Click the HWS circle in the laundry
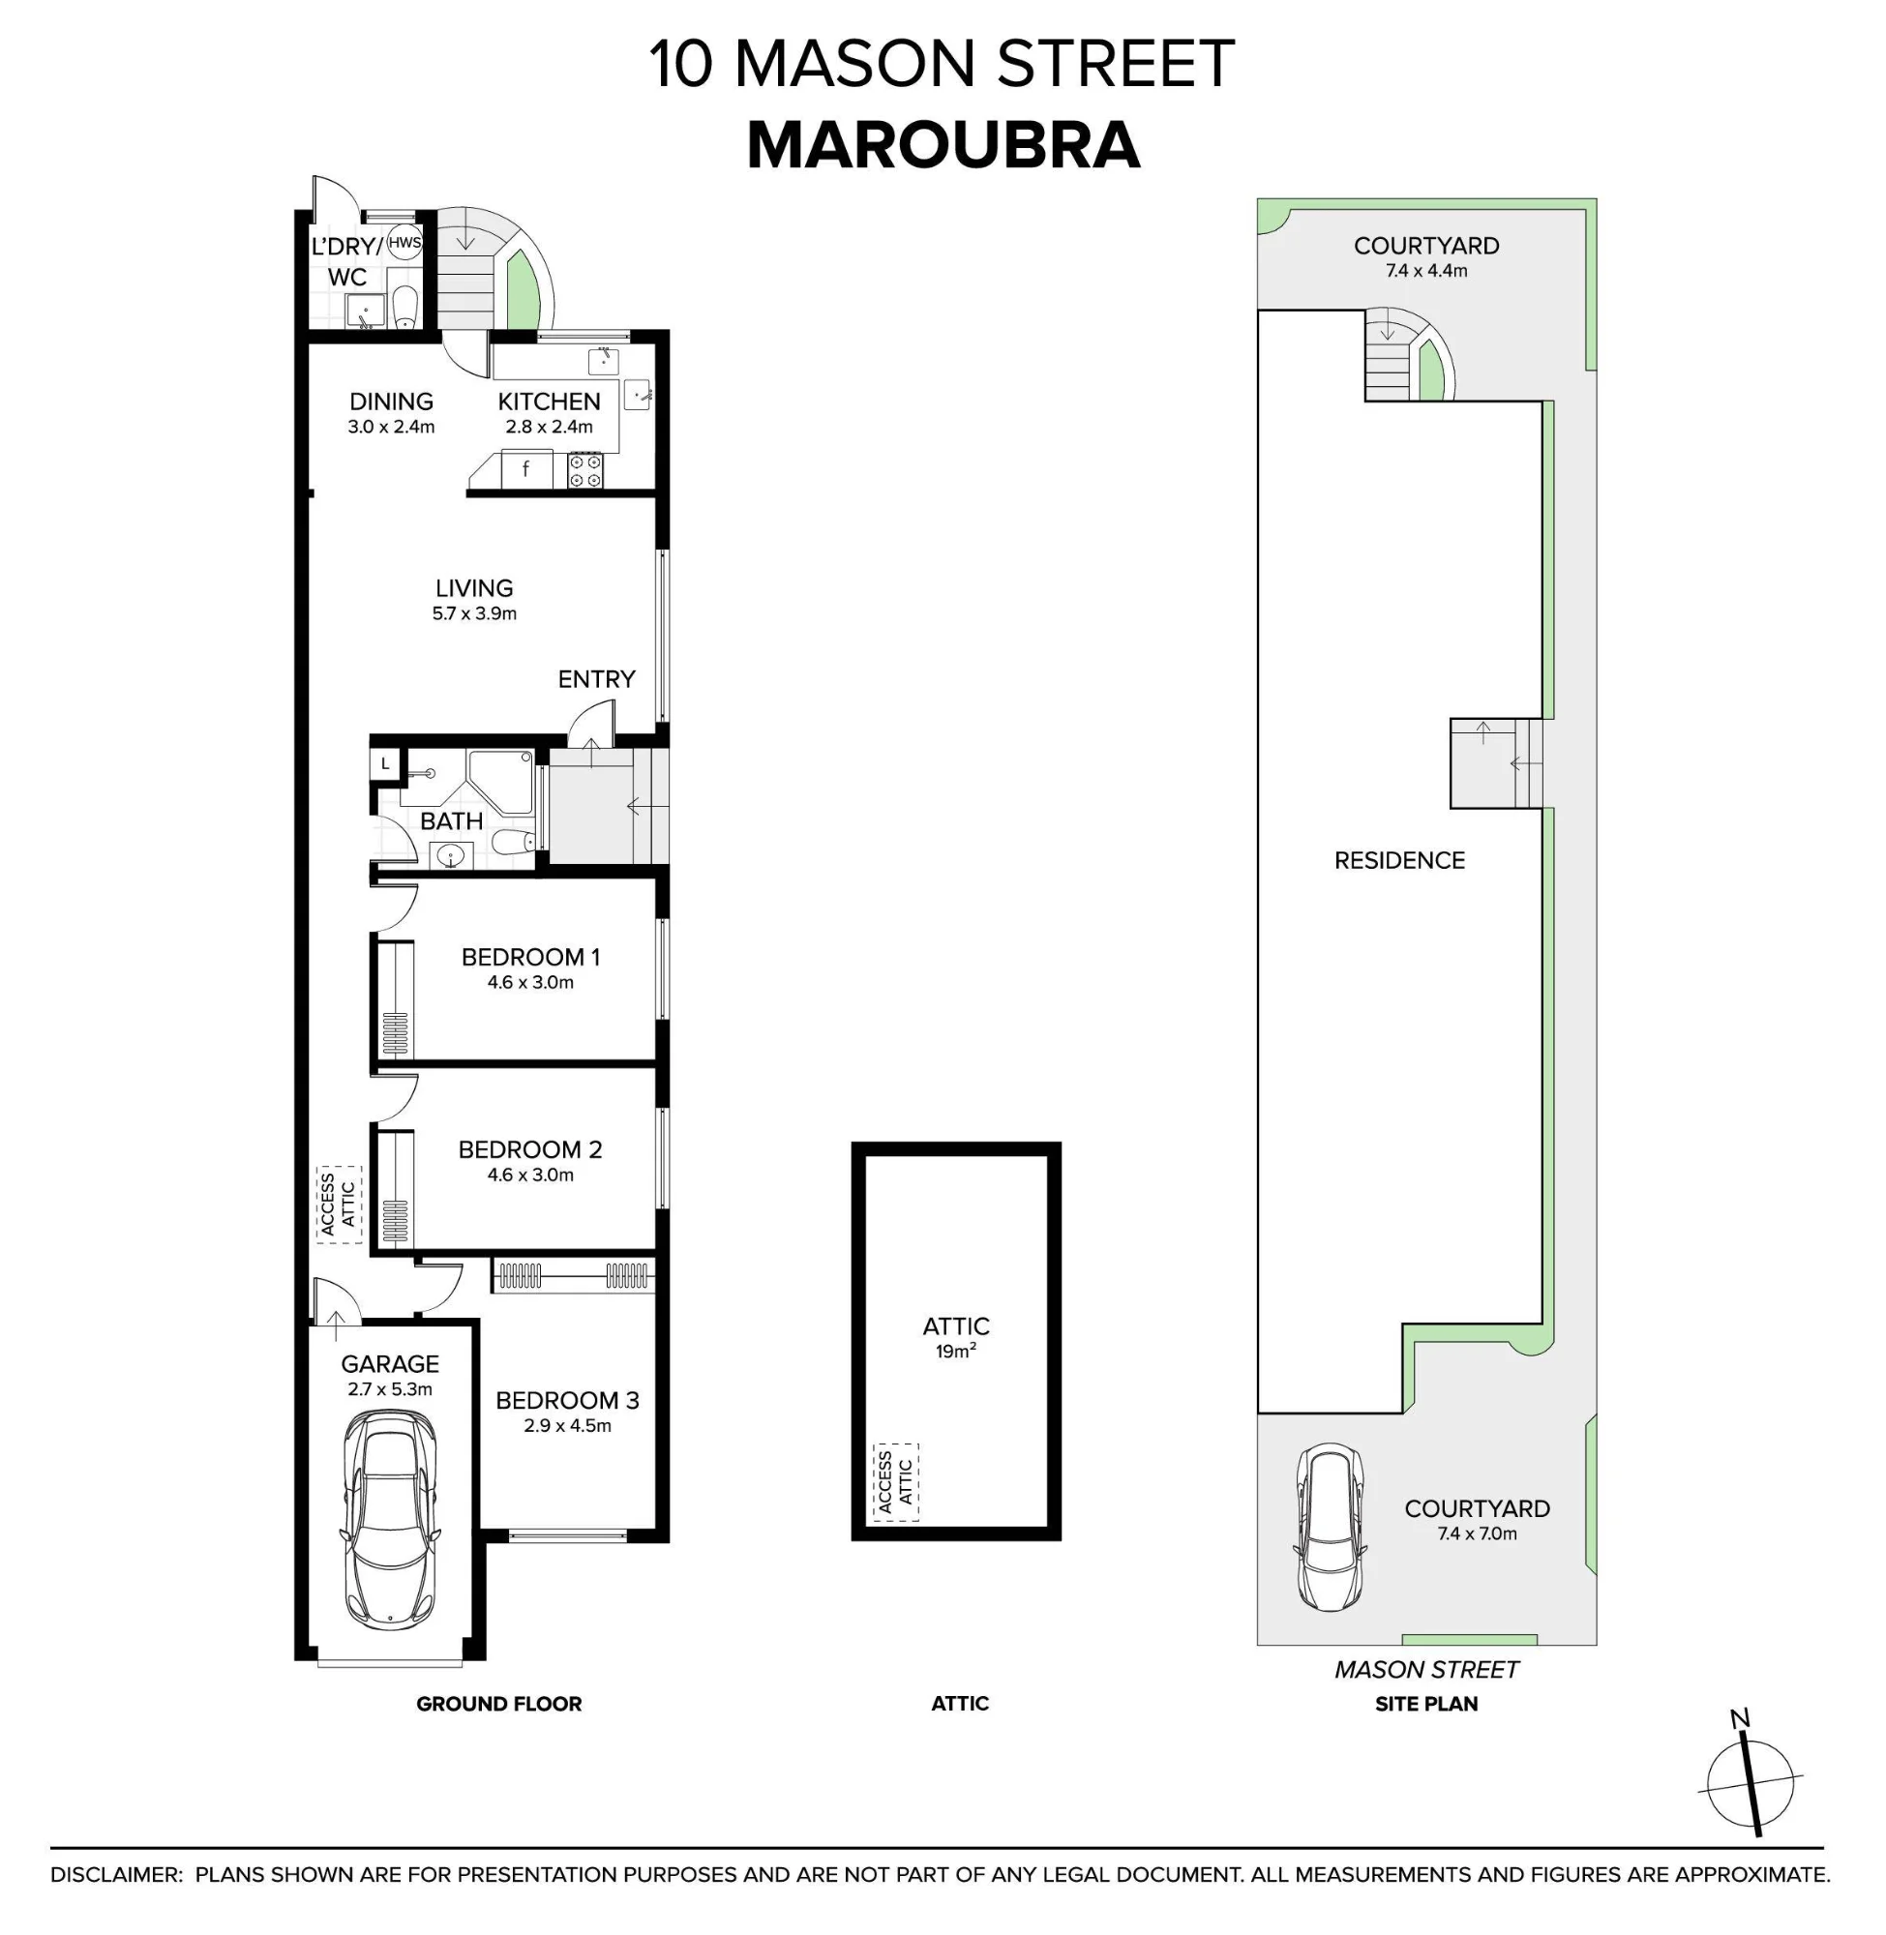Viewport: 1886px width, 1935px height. click(404, 244)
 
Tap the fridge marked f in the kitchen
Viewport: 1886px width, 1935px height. click(526, 468)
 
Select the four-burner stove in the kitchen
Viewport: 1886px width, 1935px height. click(584, 470)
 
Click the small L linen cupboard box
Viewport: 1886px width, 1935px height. click(384, 764)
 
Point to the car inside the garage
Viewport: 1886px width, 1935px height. click(390, 1518)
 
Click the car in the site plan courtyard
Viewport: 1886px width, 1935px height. click(1332, 1526)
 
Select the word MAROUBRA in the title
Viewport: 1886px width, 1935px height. click(943, 145)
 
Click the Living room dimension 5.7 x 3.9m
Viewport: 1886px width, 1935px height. click(474, 614)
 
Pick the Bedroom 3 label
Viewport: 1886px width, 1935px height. click(568, 1400)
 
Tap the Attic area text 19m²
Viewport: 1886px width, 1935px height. click(956, 1352)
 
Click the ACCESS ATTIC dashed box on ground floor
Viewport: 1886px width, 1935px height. click(339, 1205)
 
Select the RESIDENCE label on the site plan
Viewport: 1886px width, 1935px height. click(1399, 860)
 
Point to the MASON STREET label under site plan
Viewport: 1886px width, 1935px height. click(1426, 1670)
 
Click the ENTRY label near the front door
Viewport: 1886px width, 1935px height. click(596, 679)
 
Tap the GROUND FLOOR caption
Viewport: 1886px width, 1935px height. click(499, 1703)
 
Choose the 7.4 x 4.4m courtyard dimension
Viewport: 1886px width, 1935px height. click(1426, 270)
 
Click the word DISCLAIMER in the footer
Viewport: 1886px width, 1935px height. click(117, 1875)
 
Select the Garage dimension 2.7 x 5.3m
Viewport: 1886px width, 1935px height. click(390, 1389)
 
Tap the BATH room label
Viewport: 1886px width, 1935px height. click(452, 821)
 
